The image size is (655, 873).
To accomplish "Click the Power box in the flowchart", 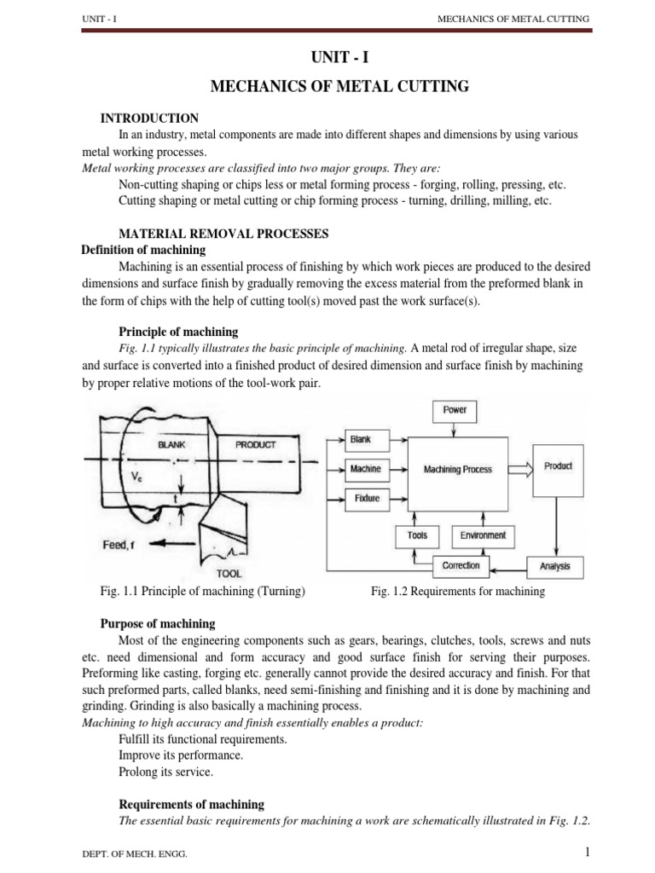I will pos(455,410).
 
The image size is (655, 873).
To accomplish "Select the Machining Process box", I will pos(458,469).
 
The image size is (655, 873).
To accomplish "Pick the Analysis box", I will pos(555,565).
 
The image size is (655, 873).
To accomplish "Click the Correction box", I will pos(461,565).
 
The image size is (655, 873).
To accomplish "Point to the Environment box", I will pos(483,535).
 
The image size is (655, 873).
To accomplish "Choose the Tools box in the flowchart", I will pos(417,535).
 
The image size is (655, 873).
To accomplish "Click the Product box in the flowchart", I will pos(558,466).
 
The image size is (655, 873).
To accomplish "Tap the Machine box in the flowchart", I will pos(365,468).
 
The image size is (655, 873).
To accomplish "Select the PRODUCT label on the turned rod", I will pos(256,444).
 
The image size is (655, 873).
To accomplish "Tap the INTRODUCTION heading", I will pos(149,119).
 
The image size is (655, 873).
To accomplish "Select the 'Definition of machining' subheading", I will pos(142,250).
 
